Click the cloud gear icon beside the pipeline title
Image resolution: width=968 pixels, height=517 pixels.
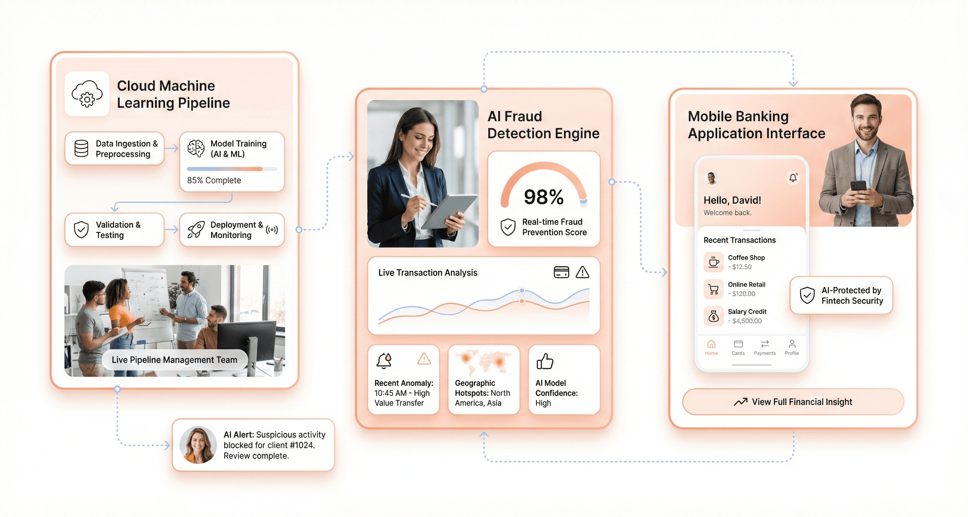click(x=87, y=94)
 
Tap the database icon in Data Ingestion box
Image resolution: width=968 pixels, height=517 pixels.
click(x=81, y=148)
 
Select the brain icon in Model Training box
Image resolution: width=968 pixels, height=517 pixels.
click(x=196, y=148)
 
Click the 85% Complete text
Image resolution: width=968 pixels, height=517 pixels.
click(x=214, y=180)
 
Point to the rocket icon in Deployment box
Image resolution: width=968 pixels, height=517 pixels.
click(x=196, y=230)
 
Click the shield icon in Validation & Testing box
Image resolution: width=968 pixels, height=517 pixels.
click(x=81, y=230)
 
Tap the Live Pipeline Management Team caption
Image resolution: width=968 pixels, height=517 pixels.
click(x=174, y=360)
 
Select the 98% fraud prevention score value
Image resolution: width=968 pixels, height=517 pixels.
click(x=543, y=197)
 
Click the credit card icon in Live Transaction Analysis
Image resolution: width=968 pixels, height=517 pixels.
click(x=561, y=272)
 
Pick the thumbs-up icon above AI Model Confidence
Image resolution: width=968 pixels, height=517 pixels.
click(x=544, y=361)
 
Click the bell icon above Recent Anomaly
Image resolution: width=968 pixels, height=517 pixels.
click(x=384, y=361)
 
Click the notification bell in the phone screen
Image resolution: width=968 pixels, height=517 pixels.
click(x=793, y=178)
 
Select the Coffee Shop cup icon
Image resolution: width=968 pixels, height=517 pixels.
click(x=713, y=262)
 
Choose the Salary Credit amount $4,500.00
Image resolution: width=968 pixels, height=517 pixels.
click(x=747, y=321)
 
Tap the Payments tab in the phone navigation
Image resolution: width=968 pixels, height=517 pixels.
click(x=765, y=348)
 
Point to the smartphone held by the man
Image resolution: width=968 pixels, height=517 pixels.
click(x=858, y=186)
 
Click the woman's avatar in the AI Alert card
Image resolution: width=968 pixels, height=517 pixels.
click(x=198, y=445)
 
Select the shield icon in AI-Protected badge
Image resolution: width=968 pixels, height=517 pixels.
click(x=807, y=295)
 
